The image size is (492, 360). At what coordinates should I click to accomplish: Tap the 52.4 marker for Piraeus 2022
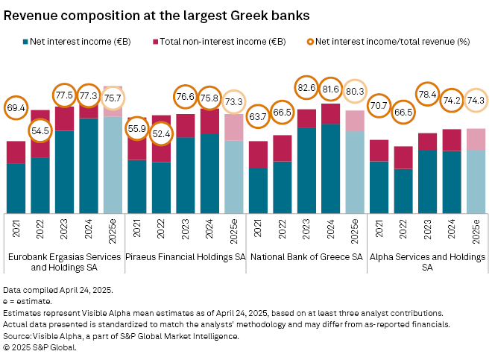tap(162, 133)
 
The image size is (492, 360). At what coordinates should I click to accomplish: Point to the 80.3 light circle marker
tap(355, 91)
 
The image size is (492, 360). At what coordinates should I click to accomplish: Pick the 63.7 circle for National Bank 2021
tap(258, 116)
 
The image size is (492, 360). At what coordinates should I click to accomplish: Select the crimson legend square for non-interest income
tap(155, 42)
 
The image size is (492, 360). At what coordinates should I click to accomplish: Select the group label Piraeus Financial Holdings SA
tap(185, 256)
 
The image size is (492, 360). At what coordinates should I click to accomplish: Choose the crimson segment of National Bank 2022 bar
tap(283, 148)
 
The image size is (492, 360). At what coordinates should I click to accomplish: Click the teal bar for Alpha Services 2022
tap(403, 190)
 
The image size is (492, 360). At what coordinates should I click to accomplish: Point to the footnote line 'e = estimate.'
tap(28, 301)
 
